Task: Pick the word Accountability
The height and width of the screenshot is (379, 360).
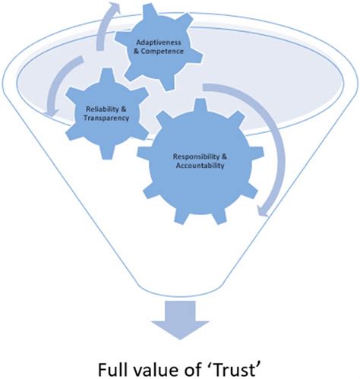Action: (199, 166)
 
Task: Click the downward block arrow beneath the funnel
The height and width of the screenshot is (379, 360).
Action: (179, 318)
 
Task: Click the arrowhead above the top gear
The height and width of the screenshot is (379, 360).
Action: (113, 10)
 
